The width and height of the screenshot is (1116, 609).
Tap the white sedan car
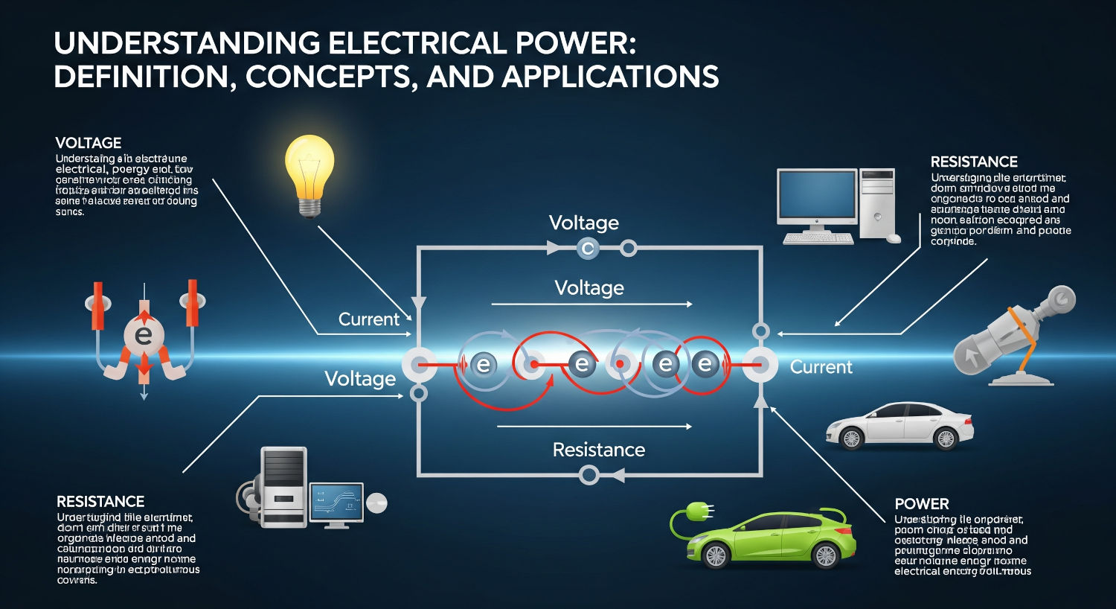pos(900,425)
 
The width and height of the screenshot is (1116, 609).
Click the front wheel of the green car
pos(825,554)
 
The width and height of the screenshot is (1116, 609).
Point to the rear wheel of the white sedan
pos(946,439)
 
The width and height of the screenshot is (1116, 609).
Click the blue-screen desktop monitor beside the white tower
pos(817,198)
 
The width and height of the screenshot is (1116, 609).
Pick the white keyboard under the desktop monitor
pos(818,239)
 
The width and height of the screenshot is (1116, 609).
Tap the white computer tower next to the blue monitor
pos(876,203)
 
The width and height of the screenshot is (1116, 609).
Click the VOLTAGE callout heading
pos(88,143)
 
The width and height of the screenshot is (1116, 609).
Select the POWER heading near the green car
pos(922,504)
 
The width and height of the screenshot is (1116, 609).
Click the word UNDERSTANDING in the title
pos(185,44)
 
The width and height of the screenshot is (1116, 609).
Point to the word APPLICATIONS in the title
pos(609,77)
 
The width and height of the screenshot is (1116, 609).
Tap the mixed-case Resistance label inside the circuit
pos(598,450)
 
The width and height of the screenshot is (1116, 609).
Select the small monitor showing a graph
pos(336,502)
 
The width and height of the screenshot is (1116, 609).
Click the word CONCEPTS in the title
pos(329,77)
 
